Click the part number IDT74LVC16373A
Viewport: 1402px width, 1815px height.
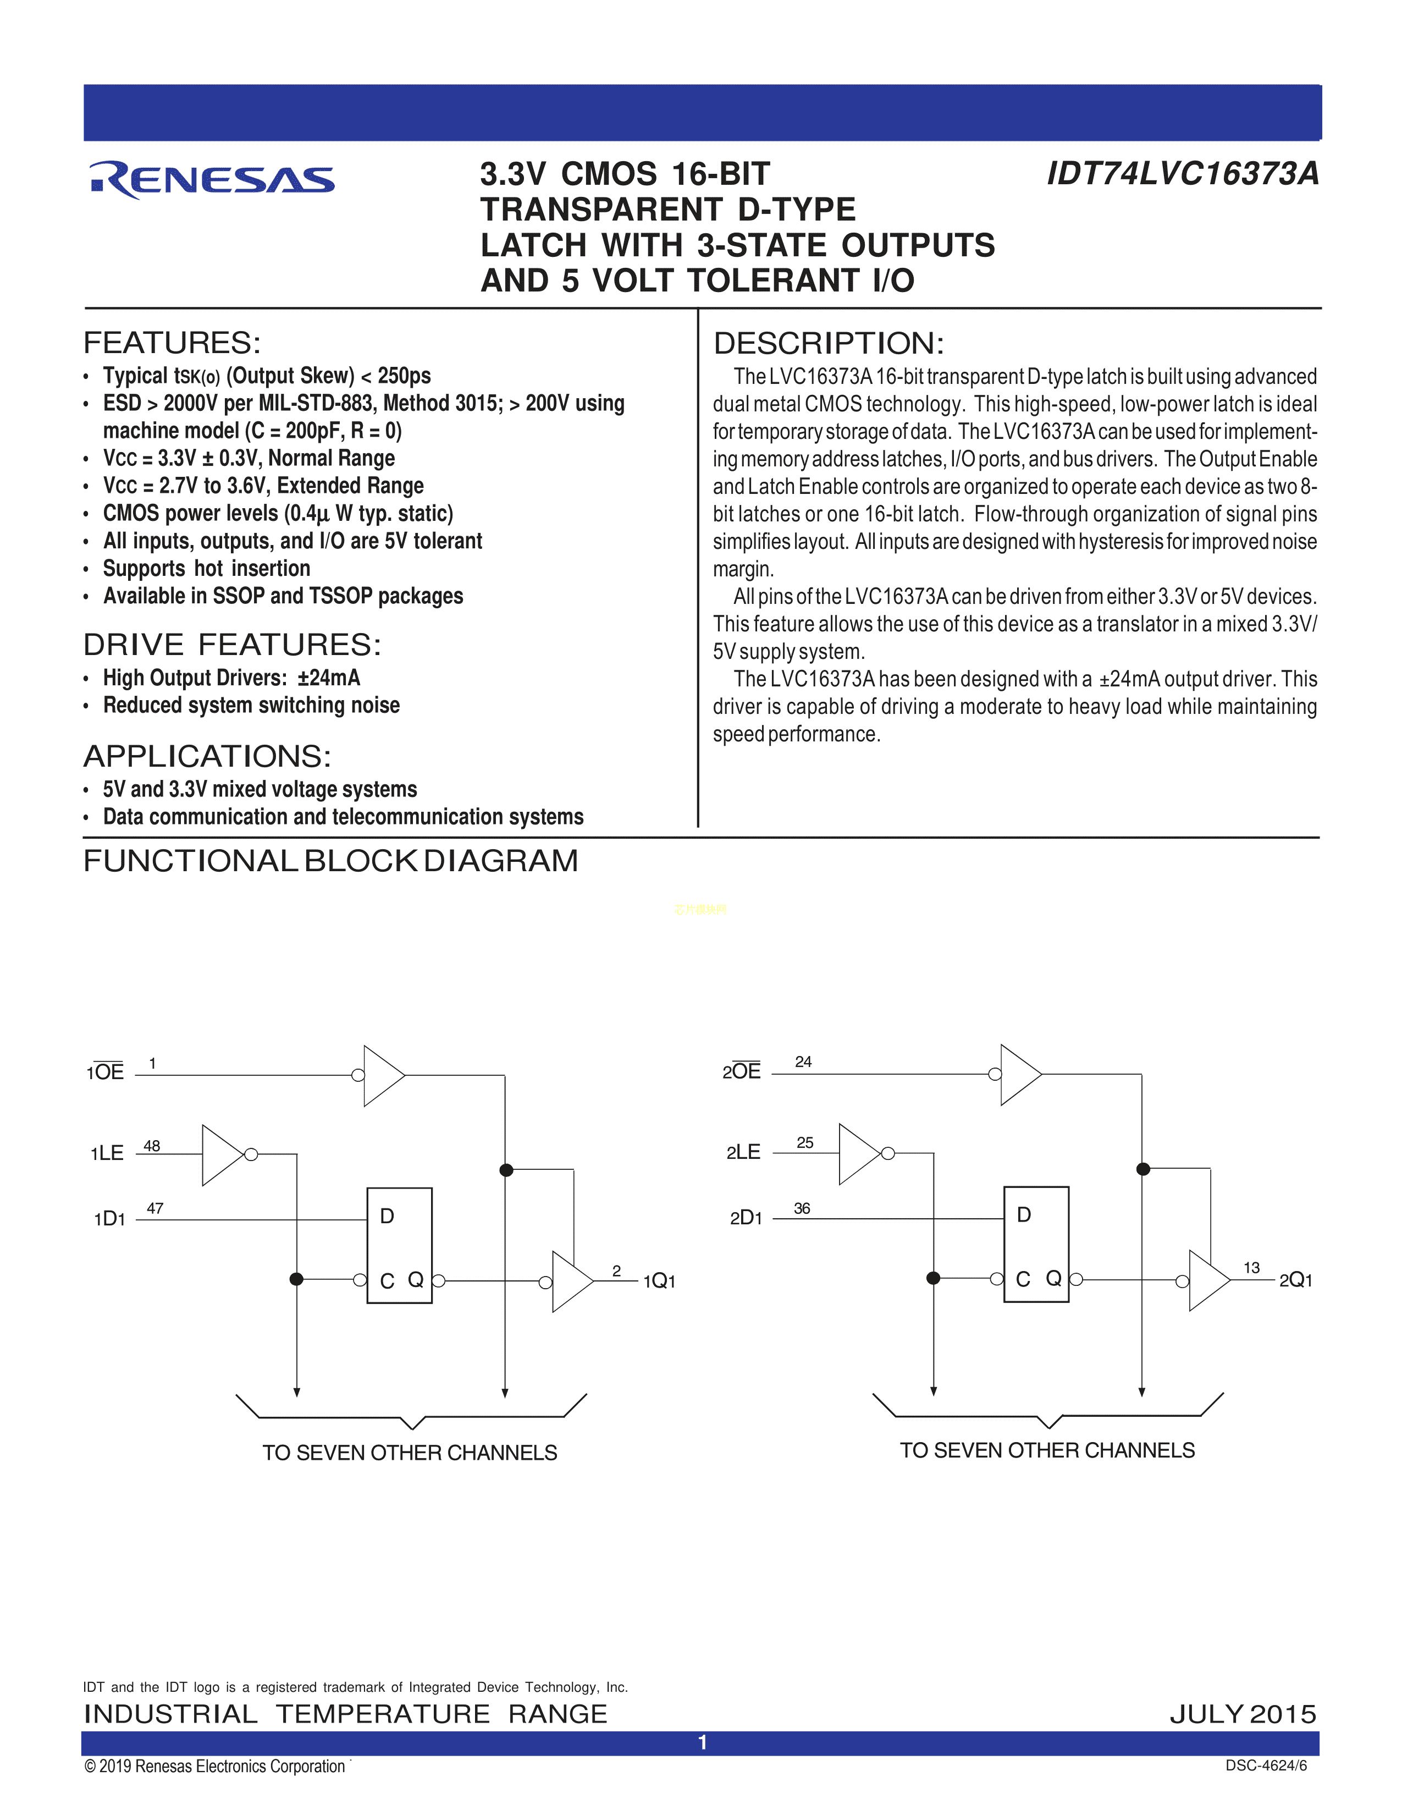tap(1182, 174)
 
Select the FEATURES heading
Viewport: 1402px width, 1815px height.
tap(172, 343)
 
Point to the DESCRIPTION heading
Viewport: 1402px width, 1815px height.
tap(828, 343)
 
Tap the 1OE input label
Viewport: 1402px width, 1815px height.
tap(106, 1072)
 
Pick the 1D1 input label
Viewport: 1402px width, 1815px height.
tap(109, 1219)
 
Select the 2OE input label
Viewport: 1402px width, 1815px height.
tap(742, 1071)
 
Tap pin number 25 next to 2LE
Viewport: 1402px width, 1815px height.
tap(805, 1143)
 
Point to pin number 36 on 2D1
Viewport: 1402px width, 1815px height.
tap(802, 1208)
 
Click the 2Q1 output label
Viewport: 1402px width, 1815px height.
tap(1296, 1280)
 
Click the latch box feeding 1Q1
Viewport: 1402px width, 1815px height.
tap(400, 1245)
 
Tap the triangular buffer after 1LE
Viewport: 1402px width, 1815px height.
tap(221, 1154)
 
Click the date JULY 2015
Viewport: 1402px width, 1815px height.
tap(1243, 1714)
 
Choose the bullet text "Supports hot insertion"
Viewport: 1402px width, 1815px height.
tap(207, 569)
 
